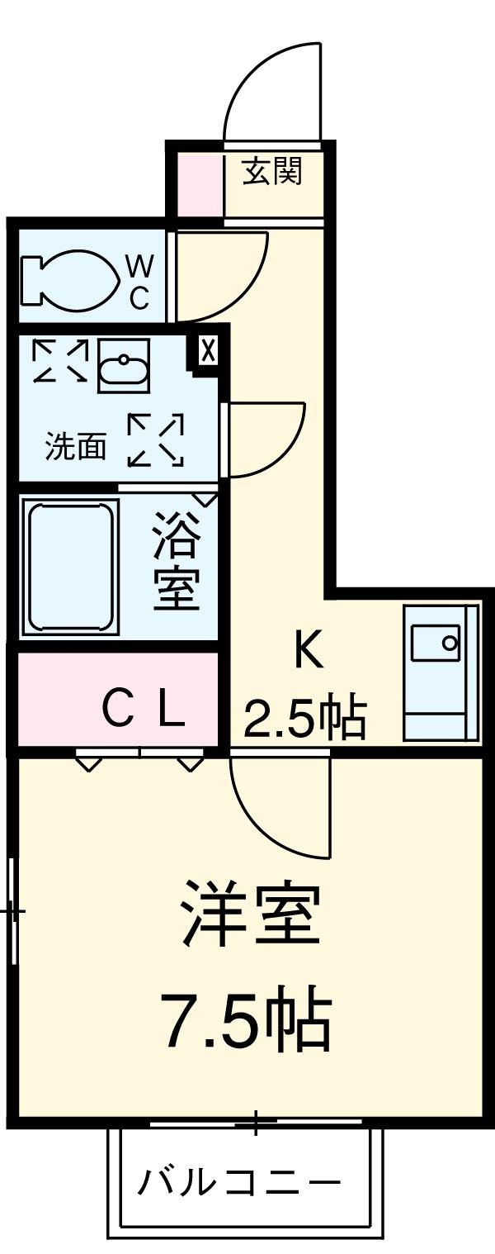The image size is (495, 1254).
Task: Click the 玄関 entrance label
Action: pos(271,171)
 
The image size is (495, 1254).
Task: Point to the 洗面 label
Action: pos(75,447)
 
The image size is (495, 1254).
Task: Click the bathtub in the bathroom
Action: pos(69,567)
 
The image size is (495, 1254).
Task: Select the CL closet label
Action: pos(144,708)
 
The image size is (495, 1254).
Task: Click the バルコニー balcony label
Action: pos(238,1183)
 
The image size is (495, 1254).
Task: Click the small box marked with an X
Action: pos(208,350)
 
